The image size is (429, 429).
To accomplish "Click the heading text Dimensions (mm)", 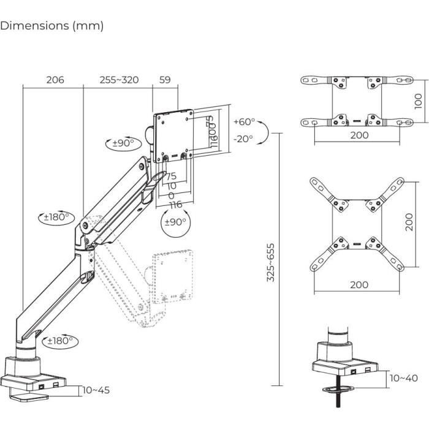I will pos(52,26).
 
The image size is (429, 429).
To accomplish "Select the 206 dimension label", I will pos(55,80).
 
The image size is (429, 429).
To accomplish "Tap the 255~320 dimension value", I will pos(120,80).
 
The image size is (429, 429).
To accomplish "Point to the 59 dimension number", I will pos(165,80).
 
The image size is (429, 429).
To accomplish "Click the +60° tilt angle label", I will pos(244,122).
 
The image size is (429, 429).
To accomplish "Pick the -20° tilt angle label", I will pos(243,139).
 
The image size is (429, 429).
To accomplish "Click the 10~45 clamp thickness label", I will pos(96,390).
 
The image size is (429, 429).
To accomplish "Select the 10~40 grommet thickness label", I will pos(403,378).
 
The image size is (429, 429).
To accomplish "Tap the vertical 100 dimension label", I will pos(418,100).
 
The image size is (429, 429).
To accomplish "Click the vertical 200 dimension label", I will pos(409,222).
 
